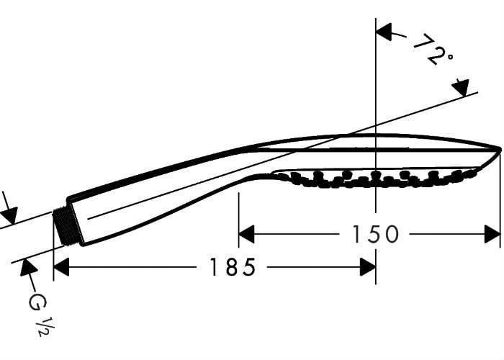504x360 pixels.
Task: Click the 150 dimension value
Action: (375, 234)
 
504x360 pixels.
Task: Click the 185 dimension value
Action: (233, 267)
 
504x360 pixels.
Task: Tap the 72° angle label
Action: (432, 50)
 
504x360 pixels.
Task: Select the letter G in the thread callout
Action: (37, 302)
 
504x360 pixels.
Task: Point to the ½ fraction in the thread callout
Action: (45, 326)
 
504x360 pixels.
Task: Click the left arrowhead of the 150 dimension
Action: (246, 234)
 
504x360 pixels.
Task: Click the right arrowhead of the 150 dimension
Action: (492, 234)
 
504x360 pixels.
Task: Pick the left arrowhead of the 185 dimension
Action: (61, 267)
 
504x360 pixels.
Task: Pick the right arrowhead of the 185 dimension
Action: (368, 267)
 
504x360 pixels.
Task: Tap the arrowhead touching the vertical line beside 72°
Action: (384, 32)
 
